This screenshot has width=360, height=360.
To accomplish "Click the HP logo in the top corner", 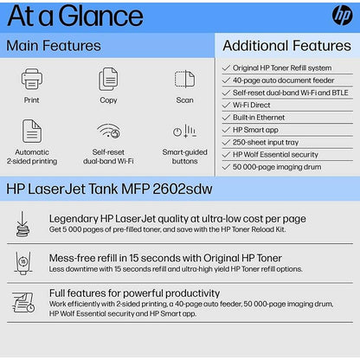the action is (x=342, y=16).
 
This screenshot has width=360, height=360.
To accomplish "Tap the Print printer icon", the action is (x=32, y=80).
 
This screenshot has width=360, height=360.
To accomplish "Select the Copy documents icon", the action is (x=108, y=80).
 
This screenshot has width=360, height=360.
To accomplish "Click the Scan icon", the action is (x=184, y=80).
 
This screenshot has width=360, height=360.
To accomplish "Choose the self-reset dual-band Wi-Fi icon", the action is (x=108, y=131).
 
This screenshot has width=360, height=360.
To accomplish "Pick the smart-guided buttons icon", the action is (x=184, y=131).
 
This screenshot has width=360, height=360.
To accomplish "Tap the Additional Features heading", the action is (x=286, y=45).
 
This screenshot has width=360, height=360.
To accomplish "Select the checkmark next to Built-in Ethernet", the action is (x=226, y=116).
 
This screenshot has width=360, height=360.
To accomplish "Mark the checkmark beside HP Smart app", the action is (x=226, y=129).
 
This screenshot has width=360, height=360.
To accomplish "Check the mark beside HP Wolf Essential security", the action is (x=226, y=153).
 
